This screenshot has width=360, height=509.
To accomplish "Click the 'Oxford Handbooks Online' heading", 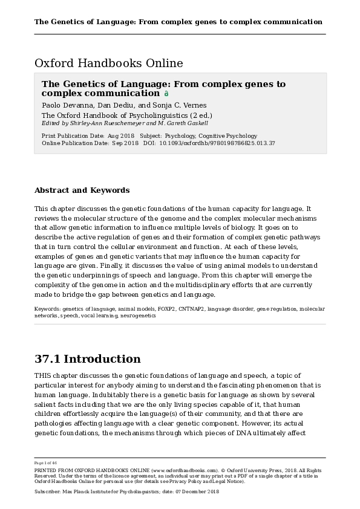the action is point(109,63).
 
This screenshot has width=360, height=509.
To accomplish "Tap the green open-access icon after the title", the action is point(166,94).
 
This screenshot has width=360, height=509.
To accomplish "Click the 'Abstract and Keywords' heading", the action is point(82,190).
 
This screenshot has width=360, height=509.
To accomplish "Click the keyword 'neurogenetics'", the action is point(138,316).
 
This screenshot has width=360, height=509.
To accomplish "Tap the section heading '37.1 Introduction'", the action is point(88,359).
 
